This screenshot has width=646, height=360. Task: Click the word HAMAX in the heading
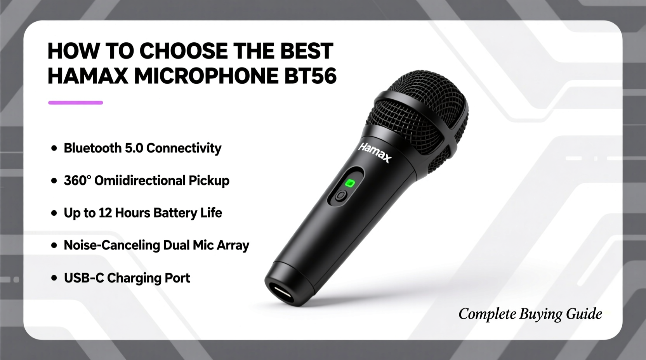[88, 76]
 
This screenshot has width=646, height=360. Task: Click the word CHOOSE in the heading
[184, 51]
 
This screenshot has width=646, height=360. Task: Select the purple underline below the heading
[75, 103]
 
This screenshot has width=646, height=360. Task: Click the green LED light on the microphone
[350, 183]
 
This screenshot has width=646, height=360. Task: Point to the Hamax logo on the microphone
[375, 152]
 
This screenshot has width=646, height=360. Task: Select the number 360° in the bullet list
[77, 181]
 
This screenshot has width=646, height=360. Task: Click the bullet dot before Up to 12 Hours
[54, 213]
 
